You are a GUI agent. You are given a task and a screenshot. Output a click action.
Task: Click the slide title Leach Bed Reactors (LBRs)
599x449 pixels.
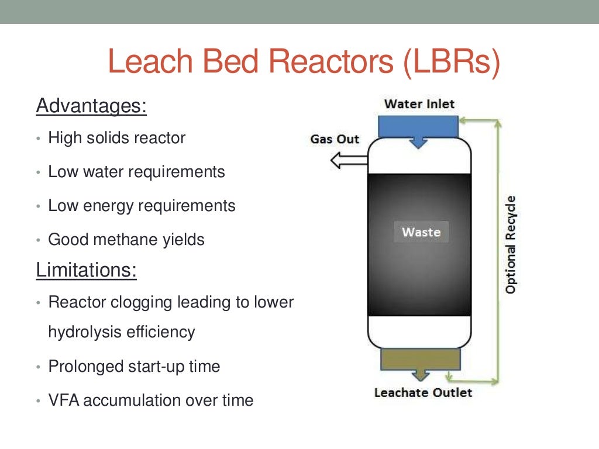point(304,63)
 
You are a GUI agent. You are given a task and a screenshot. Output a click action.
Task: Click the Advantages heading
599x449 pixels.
point(91,106)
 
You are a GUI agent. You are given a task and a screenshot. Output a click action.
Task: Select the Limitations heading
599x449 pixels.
point(87,270)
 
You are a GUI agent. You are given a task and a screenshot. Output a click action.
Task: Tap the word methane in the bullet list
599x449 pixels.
point(122,240)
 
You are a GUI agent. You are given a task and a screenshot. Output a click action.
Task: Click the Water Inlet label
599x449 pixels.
point(419,105)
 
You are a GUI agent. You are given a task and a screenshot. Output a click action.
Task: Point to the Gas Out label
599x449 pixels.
point(335,140)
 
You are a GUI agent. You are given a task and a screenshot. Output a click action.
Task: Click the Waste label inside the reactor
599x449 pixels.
point(421,232)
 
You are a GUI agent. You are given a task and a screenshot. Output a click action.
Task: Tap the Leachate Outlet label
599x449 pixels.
point(423,392)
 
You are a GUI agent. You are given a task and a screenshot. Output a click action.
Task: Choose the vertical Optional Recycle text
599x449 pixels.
point(511,245)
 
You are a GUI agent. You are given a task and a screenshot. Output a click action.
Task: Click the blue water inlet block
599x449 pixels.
point(418,126)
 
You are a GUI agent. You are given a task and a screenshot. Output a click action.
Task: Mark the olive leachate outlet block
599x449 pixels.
point(419,360)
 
